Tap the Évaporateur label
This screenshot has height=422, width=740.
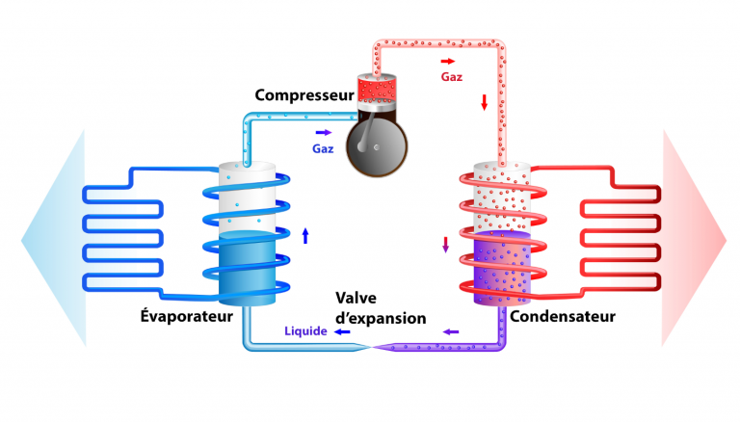[187, 315]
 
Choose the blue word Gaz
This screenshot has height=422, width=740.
[322, 149]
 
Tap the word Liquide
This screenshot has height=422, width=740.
[305, 331]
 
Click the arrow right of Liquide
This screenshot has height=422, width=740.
[342, 331]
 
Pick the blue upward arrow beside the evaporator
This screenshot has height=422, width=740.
[305, 235]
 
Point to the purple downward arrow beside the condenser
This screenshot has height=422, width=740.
[445, 244]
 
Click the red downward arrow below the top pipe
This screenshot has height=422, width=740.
[485, 102]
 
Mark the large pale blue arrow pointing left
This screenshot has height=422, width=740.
[48, 236]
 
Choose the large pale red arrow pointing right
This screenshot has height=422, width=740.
[696, 236]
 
